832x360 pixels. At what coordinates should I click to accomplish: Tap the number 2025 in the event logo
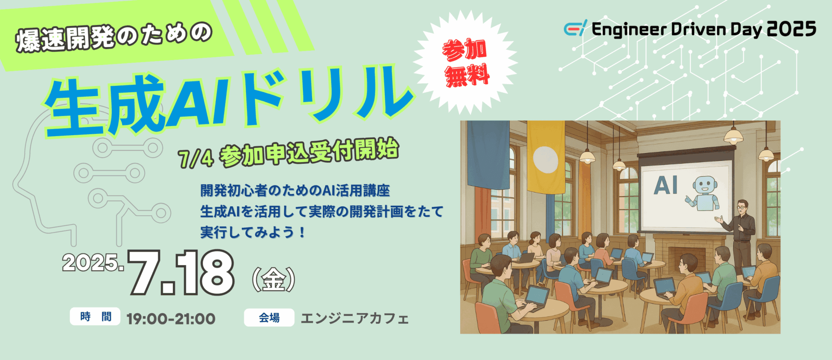(792, 29)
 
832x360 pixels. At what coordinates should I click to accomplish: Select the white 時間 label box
(95, 317)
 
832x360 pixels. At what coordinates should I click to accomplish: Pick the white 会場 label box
(269, 318)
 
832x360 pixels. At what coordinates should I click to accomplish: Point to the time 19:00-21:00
(171, 319)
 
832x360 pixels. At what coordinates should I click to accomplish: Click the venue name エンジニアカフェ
(354, 318)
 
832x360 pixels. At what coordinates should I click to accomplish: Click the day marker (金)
(273, 279)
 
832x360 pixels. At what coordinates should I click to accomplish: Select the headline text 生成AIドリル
(230, 100)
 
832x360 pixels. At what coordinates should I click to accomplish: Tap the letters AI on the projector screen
(666, 185)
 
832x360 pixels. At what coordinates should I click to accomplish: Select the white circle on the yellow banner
(545, 160)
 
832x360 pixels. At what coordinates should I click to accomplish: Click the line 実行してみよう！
(253, 232)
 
